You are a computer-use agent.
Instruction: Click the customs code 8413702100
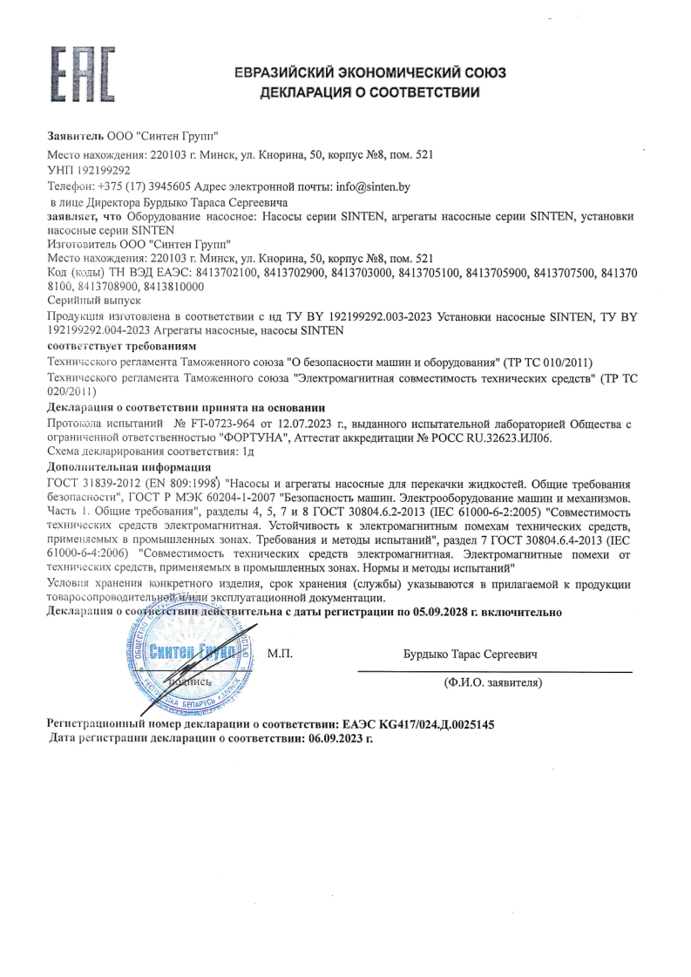[x=218, y=273]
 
